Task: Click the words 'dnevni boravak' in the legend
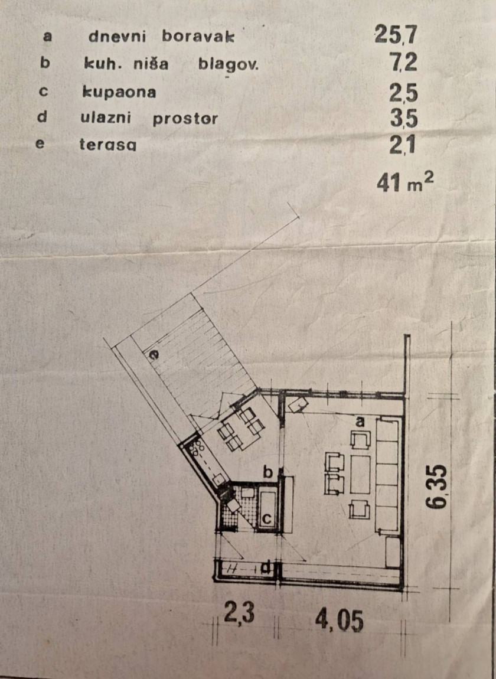[x=161, y=37]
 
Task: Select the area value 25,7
[x=396, y=34]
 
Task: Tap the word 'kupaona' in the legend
[x=119, y=92]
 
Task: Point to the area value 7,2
[x=403, y=62]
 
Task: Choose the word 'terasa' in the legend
[x=108, y=144]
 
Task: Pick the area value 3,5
[x=403, y=118]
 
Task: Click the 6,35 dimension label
[x=435, y=487]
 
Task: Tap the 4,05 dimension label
[x=339, y=621]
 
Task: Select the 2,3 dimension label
[x=239, y=613]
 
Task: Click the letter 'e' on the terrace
[x=154, y=355]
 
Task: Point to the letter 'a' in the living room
[x=360, y=421]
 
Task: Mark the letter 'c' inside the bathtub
[x=267, y=518]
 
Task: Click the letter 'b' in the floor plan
[x=267, y=472]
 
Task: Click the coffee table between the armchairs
[x=360, y=475]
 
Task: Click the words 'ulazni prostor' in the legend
[x=149, y=118]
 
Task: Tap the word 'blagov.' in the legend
[x=229, y=64]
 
